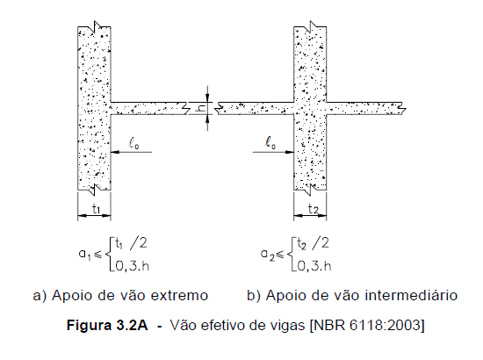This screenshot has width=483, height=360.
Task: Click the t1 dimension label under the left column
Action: point(97,210)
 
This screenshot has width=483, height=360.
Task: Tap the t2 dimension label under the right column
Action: point(313,209)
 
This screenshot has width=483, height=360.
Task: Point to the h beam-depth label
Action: point(201,108)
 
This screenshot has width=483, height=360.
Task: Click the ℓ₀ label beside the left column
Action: point(133,142)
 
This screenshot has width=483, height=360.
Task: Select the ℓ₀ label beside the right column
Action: point(270,142)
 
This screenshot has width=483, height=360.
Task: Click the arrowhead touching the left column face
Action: point(115,152)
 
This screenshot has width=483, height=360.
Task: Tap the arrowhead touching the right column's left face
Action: point(290,152)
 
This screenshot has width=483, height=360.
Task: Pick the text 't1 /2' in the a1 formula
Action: point(131,243)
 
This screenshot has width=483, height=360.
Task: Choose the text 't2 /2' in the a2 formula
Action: point(313,243)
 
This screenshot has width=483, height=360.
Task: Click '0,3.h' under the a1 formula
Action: point(132,266)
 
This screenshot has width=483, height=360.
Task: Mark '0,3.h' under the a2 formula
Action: point(314,266)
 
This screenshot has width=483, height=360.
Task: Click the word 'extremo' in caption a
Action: point(179,296)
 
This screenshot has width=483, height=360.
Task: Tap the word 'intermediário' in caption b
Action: point(411,295)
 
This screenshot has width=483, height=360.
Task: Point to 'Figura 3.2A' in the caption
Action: point(107,325)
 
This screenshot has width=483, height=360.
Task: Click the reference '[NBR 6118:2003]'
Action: point(367,325)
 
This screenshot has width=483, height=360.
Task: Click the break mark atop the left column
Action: point(97,27)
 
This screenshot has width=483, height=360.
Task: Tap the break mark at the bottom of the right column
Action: point(314,190)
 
